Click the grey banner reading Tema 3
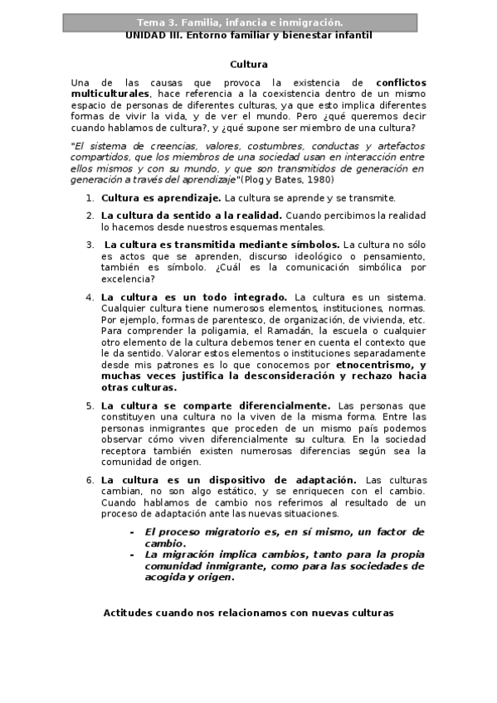click(x=248, y=22)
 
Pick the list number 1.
click(x=90, y=198)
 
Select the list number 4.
click(x=90, y=297)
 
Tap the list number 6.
click(x=90, y=480)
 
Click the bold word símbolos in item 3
click(x=310, y=245)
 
